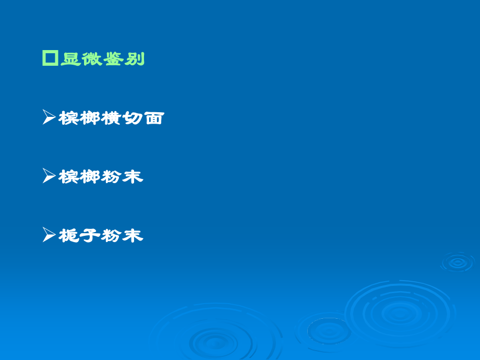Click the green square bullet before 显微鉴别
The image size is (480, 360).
coord(50,58)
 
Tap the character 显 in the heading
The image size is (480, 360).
coord(71,59)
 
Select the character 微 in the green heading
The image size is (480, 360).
coord(92,59)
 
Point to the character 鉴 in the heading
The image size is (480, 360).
coord(113,59)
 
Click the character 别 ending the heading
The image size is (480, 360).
coord(134,59)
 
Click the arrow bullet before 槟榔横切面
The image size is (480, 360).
coord(49,117)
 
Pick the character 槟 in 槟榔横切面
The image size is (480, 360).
coord(69,118)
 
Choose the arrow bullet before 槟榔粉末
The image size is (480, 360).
coord(49,176)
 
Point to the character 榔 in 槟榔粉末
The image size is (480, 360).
coord(90,177)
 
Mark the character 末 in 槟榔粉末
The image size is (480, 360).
coord(133,177)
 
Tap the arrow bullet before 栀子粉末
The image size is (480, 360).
coord(49,235)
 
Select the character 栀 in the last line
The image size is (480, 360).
coord(69,236)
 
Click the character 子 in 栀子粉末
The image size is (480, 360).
coord(90,236)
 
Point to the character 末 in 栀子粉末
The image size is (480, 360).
coord(133,236)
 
